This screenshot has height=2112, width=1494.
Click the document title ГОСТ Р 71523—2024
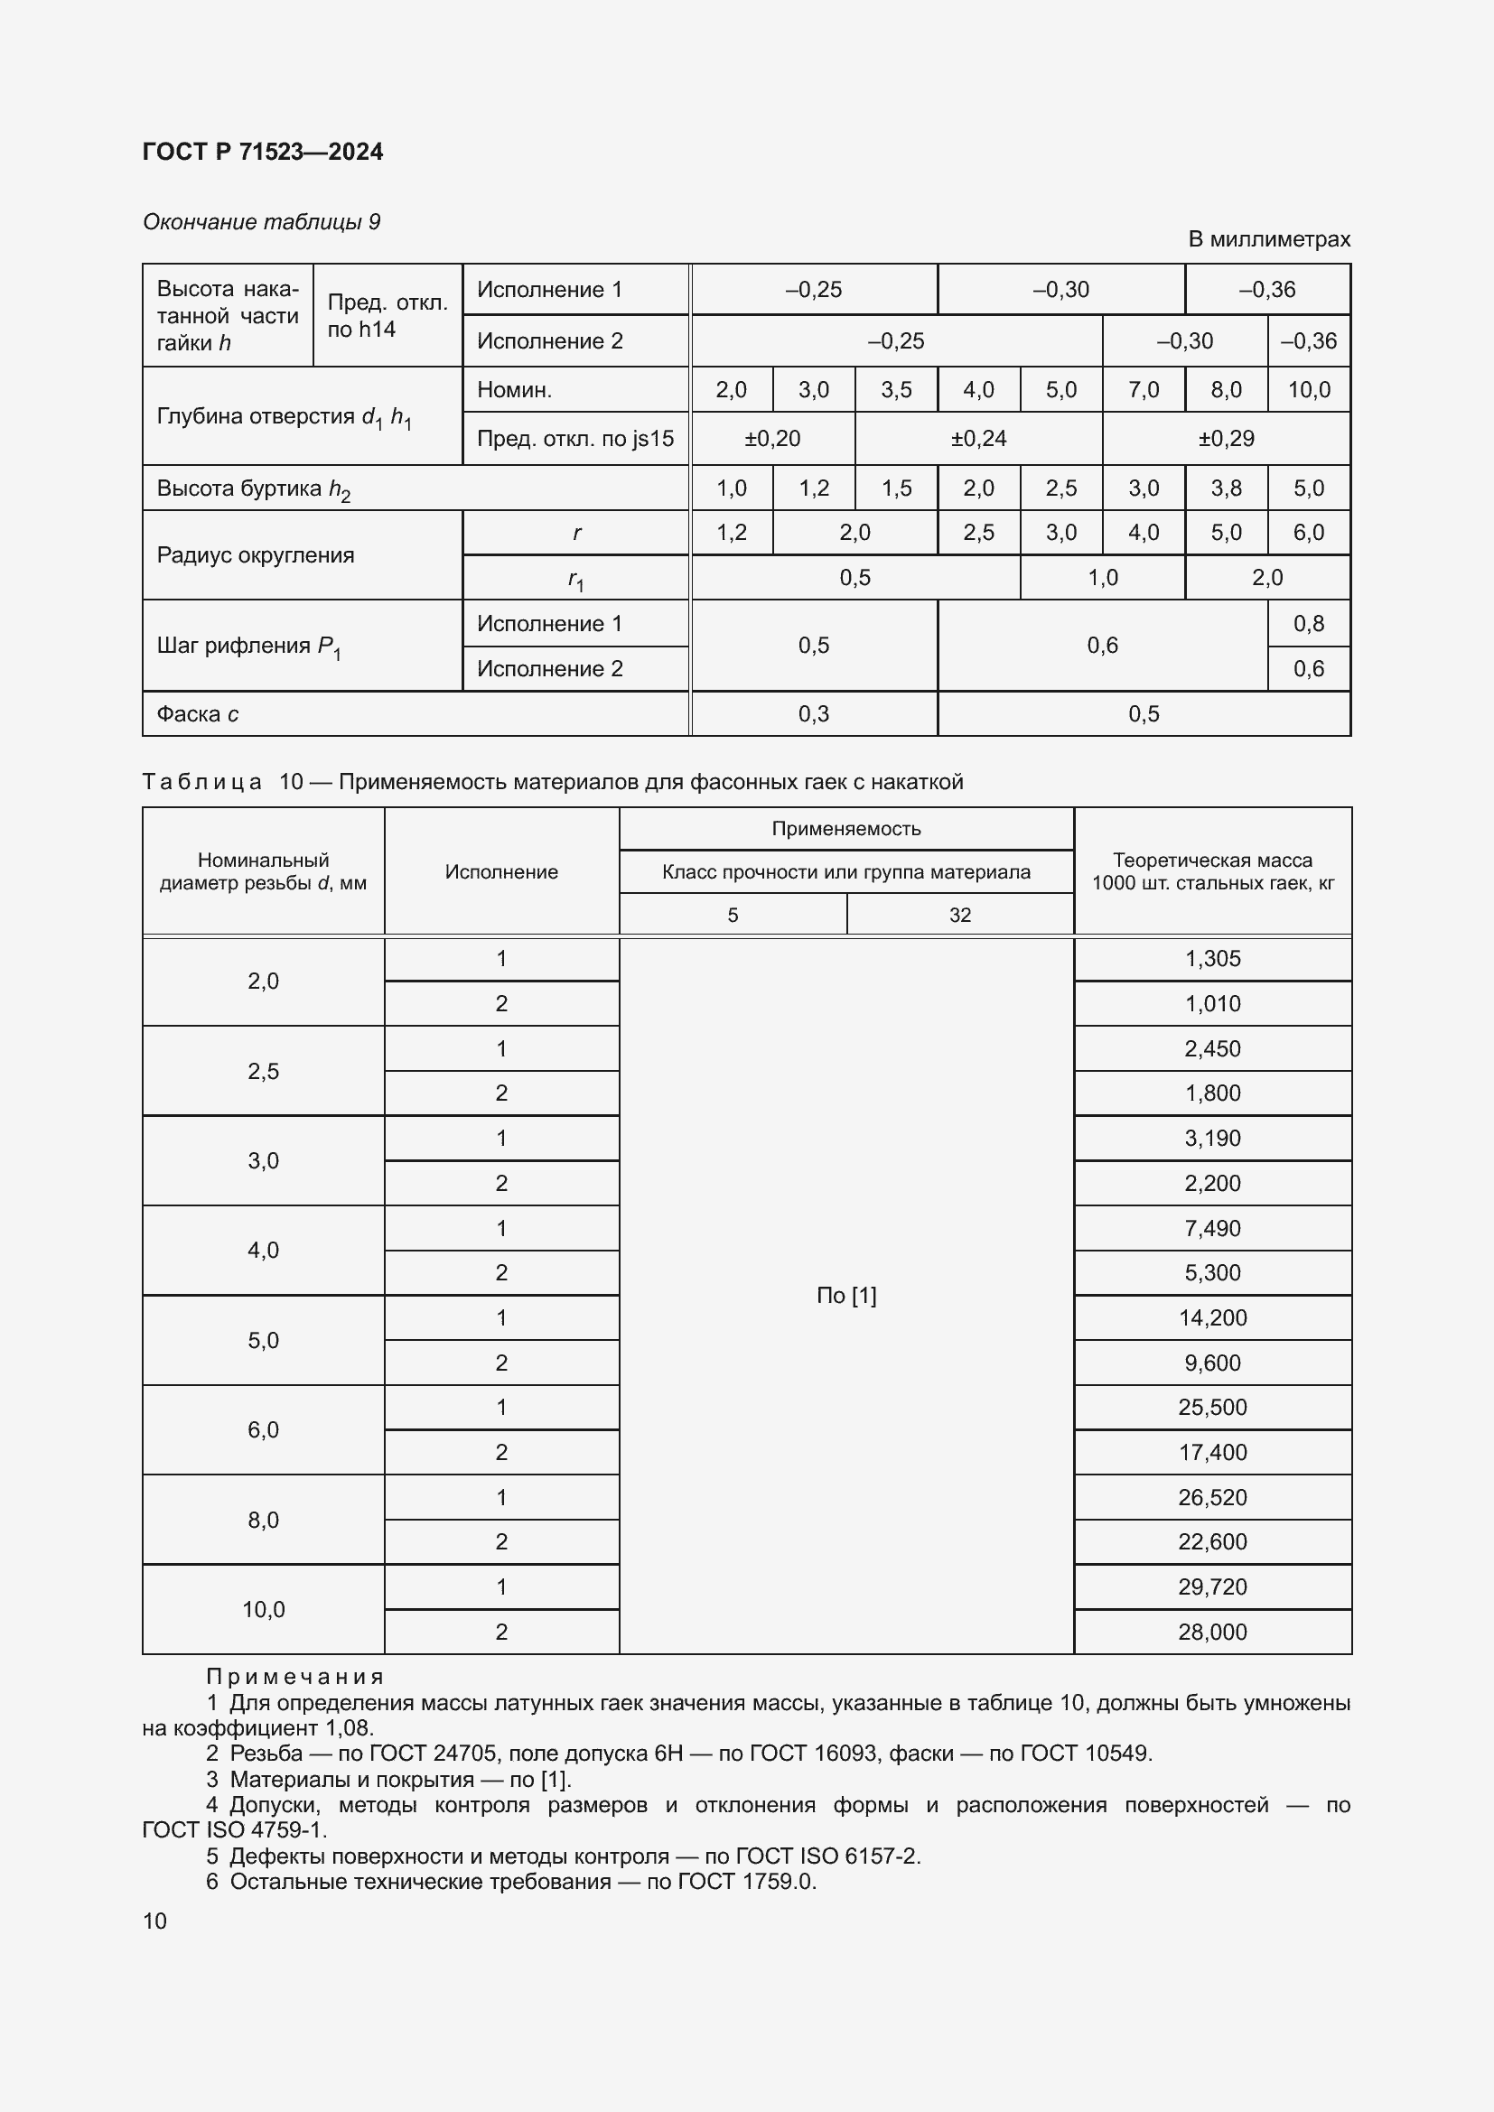[x=263, y=152]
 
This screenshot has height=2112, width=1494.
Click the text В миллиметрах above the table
[x=1268, y=239]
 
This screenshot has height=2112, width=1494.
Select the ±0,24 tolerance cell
[x=978, y=439]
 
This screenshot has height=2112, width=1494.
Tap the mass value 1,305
[x=1211, y=959]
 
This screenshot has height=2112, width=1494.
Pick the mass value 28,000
[x=1211, y=1632]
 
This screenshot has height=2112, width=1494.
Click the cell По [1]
[x=845, y=1295]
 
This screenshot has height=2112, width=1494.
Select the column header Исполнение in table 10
[x=501, y=872]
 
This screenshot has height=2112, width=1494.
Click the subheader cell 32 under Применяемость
[x=959, y=916]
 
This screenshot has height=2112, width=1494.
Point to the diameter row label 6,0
[x=263, y=1429]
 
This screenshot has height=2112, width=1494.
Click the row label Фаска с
[x=198, y=714]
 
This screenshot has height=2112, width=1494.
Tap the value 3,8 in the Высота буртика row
[x=1226, y=488]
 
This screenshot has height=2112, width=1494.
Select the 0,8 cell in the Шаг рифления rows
[x=1308, y=624]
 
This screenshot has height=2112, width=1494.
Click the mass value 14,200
[x=1211, y=1317]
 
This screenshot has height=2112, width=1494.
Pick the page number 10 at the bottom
[x=154, y=1921]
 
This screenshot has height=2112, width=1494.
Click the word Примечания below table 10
[x=294, y=1677]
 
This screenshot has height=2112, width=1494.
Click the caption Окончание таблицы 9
[x=261, y=222]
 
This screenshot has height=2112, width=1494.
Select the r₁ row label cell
[x=576, y=579]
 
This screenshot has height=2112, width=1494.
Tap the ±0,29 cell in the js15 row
[x=1226, y=439]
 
